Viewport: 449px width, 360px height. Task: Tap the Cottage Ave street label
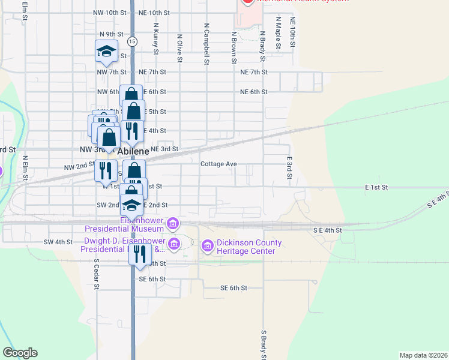[218, 164]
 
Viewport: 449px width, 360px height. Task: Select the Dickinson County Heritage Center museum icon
[208, 246]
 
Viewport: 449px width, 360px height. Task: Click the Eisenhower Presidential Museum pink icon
[173, 224]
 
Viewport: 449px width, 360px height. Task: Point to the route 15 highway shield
[132, 41]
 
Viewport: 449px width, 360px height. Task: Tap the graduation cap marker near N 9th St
[106, 52]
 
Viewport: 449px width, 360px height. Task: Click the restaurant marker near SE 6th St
[140, 253]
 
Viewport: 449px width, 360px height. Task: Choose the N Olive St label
[179, 47]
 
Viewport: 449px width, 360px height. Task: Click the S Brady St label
[264, 343]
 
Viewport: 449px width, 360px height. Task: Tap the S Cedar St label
[96, 274]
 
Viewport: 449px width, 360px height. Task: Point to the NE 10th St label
[149, 13]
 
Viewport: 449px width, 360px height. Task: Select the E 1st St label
[376, 188]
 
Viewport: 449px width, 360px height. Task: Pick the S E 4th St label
[327, 230]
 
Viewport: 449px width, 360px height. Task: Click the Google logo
[20, 353]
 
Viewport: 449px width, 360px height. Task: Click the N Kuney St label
[155, 39]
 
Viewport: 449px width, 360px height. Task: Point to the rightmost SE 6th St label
[234, 288]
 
